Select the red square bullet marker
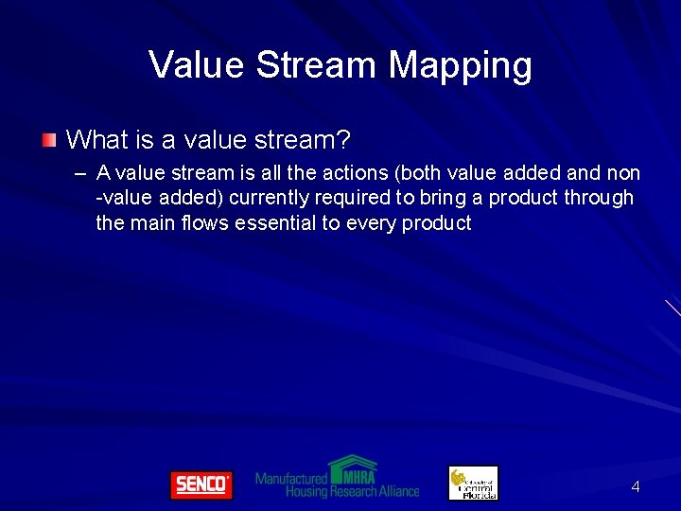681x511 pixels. point(48,141)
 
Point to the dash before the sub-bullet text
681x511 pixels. point(79,174)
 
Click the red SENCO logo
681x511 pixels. point(201,485)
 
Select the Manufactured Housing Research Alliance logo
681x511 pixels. point(337,479)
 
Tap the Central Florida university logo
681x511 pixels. point(473,483)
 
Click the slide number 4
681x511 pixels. point(636,487)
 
